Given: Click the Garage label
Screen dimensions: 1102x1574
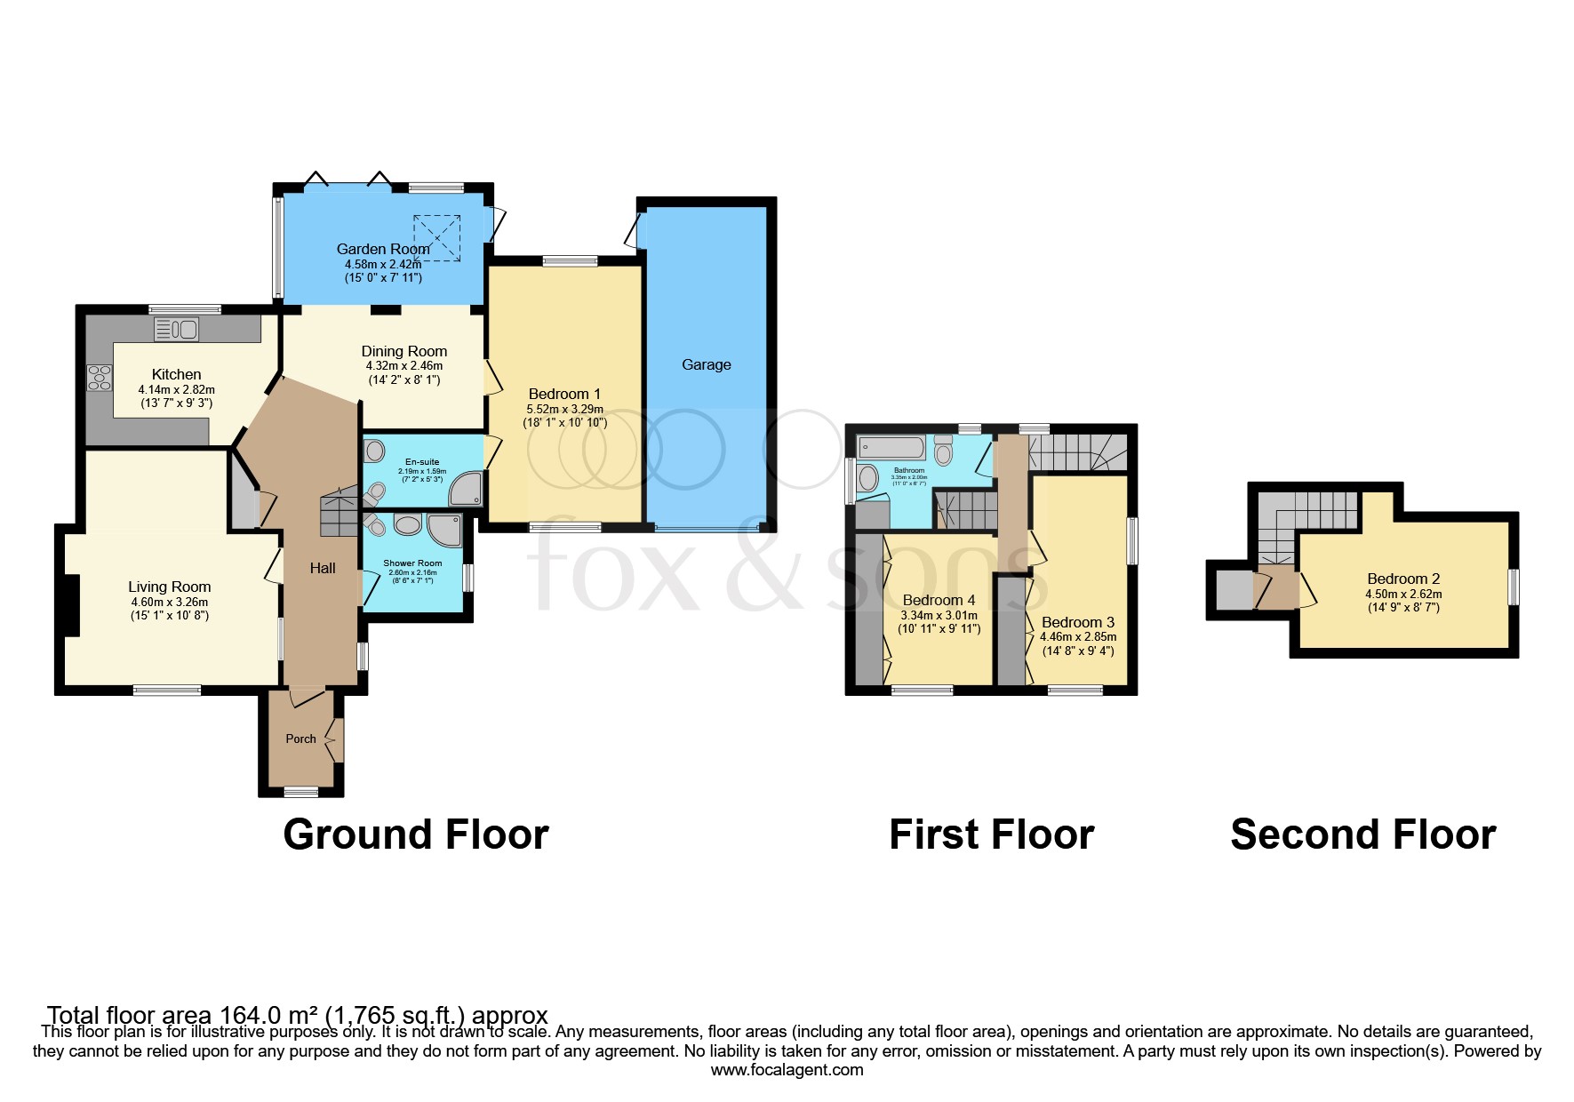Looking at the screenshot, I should [x=706, y=364].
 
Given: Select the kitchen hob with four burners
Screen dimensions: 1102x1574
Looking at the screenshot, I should [x=100, y=378].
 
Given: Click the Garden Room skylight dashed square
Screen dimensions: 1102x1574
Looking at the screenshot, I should [x=437, y=237].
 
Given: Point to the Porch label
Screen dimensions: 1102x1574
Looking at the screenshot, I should [x=300, y=739].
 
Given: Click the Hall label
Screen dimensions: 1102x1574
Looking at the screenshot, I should [x=323, y=568].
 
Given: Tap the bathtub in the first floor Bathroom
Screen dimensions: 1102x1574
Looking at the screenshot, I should [x=892, y=447].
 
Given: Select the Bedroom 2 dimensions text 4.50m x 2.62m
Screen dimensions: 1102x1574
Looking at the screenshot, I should [x=1403, y=594].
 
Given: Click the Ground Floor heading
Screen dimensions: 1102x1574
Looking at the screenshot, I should [x=416, y=834].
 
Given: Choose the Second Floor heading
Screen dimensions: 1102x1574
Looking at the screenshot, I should [x=1362, y=834].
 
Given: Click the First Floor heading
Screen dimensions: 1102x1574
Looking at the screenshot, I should [x=991, y=834].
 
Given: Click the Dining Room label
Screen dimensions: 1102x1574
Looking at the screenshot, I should [x=403, y=351].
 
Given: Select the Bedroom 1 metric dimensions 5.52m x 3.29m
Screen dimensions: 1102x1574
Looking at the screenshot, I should [x=564, y=409].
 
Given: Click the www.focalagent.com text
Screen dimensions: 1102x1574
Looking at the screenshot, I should [x=787, y=1069].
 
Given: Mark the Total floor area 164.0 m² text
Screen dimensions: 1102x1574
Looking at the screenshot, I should [x=297, y=1015].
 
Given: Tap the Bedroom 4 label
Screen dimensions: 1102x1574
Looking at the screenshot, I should [x=939, y=600].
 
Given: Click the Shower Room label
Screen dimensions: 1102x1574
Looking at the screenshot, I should [x=412, y=563].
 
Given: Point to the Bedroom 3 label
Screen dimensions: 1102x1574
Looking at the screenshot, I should [x=1077, y=622].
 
